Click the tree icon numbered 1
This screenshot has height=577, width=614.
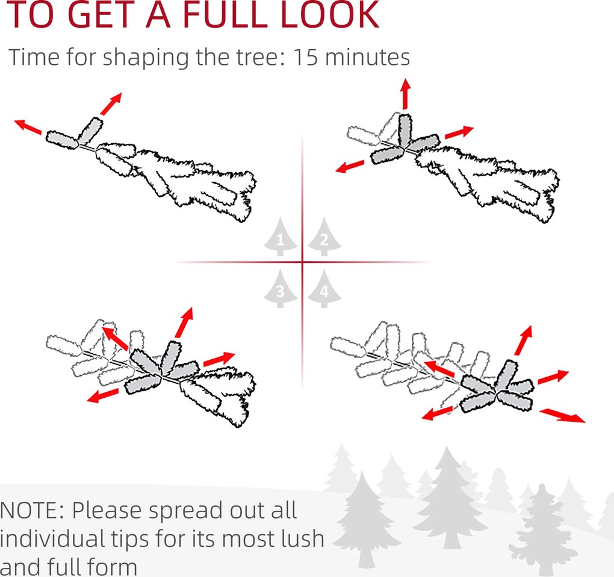(281, 237)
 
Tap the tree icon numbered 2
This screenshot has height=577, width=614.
(324, 237)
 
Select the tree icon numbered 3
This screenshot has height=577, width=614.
(281, 289)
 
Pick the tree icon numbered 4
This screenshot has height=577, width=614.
(324, 289)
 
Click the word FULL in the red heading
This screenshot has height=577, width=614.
(223, 14)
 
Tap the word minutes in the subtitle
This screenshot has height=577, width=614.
(367, 57)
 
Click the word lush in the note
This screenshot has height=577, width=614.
(303, 538)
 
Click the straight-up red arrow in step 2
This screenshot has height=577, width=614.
(405, 93)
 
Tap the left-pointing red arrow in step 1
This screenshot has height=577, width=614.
(28, 127)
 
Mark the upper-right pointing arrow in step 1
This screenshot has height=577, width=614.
(111, 103)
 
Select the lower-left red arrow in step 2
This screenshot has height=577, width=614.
(350, 167)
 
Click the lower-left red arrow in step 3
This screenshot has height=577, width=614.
(102, 395)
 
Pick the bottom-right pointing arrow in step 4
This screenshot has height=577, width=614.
(563, 415)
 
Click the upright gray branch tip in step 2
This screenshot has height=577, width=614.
(405, 131)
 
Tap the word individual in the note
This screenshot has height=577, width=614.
(52, 538)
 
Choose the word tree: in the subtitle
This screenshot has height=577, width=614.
(261, 57)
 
